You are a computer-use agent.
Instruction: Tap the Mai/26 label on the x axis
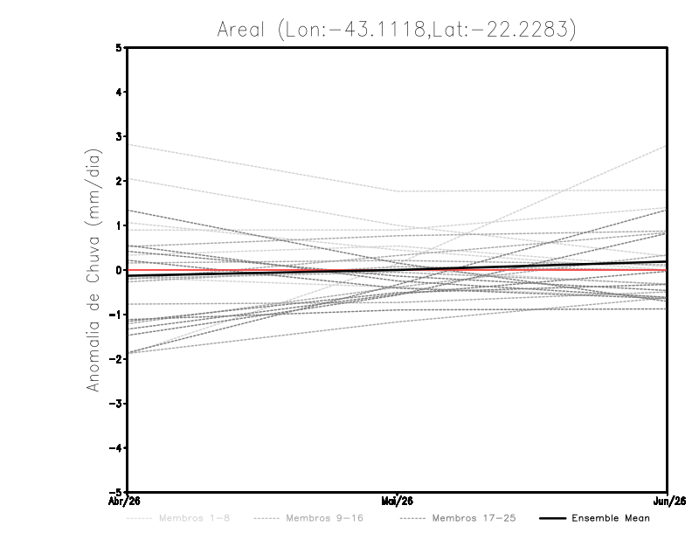coord(398,502)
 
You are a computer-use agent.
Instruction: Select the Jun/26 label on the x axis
coord(668,502)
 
